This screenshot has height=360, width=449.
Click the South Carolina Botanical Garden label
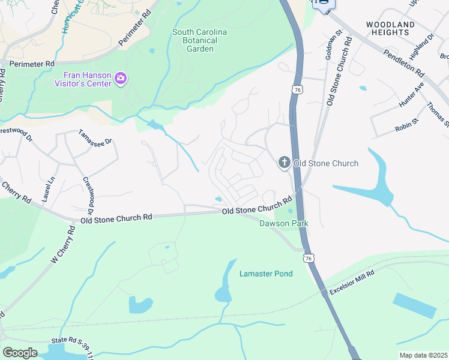(200, 40)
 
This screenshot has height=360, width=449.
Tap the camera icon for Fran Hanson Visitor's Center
(121, 79)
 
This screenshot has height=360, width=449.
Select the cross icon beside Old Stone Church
(283, 163)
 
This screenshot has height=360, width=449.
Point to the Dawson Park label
(283, 223)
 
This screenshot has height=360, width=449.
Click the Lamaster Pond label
(266, 274)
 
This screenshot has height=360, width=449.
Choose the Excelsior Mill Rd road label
(351, 282)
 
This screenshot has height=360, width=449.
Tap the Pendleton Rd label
(403, 62)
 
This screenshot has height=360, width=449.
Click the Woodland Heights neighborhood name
(390, 29)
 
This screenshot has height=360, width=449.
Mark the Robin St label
(406, 128)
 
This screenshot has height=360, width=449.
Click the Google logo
(20, 352)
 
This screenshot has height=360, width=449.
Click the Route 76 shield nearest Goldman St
(297, 89)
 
